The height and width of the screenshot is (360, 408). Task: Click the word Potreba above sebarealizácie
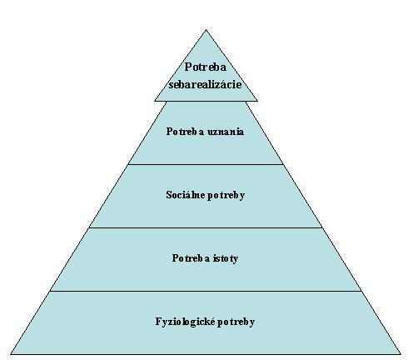[206, 67]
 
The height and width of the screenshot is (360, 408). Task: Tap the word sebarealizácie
[205, 84]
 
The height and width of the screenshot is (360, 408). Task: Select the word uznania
[226, 132]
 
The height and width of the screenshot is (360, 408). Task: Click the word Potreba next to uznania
[186, 132]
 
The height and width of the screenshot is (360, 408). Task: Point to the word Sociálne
[186, 195]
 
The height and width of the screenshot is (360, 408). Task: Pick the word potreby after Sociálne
[226, 196]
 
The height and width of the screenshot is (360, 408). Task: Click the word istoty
[226, 258]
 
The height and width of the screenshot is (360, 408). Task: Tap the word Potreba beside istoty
[191, 258]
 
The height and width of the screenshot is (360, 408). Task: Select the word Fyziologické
[185, 322]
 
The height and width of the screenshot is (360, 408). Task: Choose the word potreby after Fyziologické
[236, 322]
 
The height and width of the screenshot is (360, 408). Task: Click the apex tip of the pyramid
[206, 30]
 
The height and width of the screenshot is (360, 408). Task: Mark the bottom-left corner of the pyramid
[11, 354]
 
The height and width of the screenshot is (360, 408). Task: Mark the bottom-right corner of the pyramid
[401, 354]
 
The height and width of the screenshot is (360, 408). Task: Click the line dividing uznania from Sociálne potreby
[206, 164]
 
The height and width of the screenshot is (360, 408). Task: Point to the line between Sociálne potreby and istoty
[206, 227]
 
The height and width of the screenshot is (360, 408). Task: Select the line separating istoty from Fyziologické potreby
[206, 291]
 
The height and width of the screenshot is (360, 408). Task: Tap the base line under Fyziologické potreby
[206, 354]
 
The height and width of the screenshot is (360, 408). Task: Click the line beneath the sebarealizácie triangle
[206, 101]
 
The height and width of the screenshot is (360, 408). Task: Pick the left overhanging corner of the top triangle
[155, 101]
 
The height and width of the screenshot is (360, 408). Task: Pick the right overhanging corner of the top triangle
[257, 101]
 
